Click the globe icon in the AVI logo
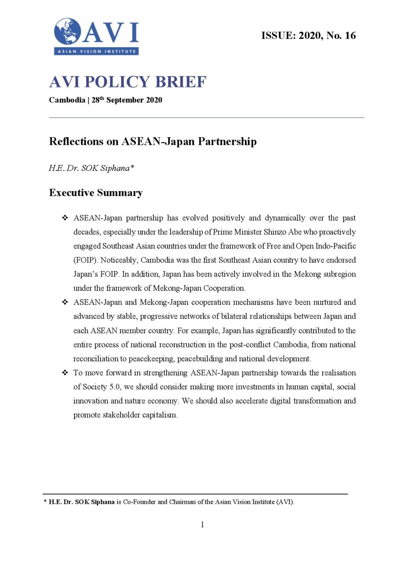(x=67, y=31)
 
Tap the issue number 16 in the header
(x=350, y=35)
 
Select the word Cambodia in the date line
(x=67, y=100)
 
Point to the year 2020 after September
(x=154, y=100)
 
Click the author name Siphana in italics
(x=115, y=168)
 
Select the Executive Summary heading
(x=96, y=193)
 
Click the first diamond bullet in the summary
(x=65, y=218)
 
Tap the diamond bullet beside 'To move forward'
(x=65, y=373)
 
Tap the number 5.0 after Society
(x=114, y=387)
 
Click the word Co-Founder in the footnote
(x=139, y=502)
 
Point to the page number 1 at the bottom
(x=202, y=525)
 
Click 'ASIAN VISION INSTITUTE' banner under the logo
(x=97, y=51)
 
